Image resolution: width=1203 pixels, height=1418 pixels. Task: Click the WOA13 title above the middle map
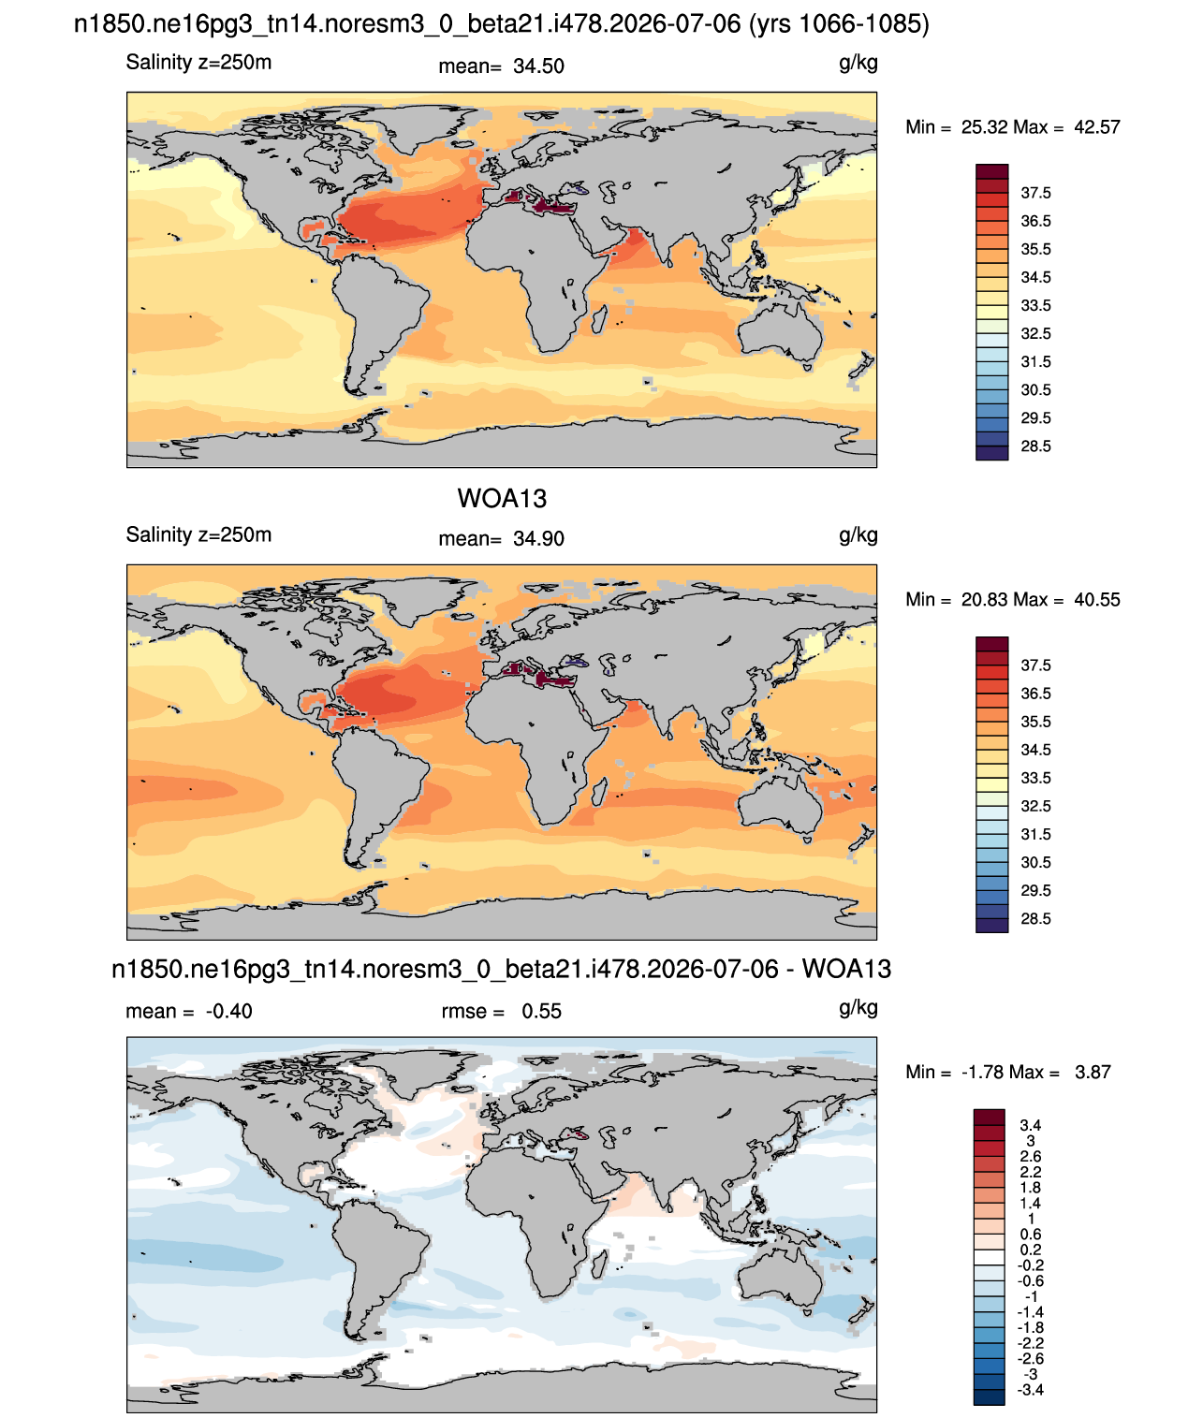pyautogui.click(x=502, y=499)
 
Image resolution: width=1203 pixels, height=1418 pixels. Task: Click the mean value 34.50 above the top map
pyautogui.click(x=538, y=66)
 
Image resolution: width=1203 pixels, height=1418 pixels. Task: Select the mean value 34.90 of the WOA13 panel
pyautogui.click(x=538, y=539)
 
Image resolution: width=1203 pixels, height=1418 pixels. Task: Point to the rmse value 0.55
pyautogui.click(x=541, y=1012)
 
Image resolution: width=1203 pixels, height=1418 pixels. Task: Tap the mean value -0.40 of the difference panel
pyautogui.click(x=228, y=1012)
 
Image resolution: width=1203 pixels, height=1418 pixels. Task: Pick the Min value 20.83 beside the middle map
pyautogui.click(x=984, y=600)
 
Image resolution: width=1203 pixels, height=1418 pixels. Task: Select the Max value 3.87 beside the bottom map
pyautogui.click(x=1093, y=1073)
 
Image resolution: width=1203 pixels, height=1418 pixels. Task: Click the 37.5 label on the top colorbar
pyautogui.click(x=1035, y=194)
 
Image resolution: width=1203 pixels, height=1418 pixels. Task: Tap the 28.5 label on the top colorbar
pyautogui.click(x=1035, y=446)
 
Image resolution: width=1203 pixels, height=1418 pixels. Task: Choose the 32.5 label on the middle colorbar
pyautogui.click(x=1035, y=807)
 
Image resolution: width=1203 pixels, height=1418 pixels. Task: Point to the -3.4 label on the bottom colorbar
pyautogui.click(x=1030, y=1391)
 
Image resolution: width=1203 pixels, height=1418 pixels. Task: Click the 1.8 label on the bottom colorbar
pyautogui.click(x=1030, y=1188)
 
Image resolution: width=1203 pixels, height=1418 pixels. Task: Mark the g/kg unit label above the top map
pyautogui.click(x=858, y=64)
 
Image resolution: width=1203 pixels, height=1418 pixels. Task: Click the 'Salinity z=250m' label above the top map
pyautogui.click(x=198, y=63)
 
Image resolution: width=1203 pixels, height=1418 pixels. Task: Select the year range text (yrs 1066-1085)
pyautogui.click(x=839, y=24)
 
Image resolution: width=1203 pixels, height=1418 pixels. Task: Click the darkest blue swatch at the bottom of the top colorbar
pyautogui.click(x=991, y=453)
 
